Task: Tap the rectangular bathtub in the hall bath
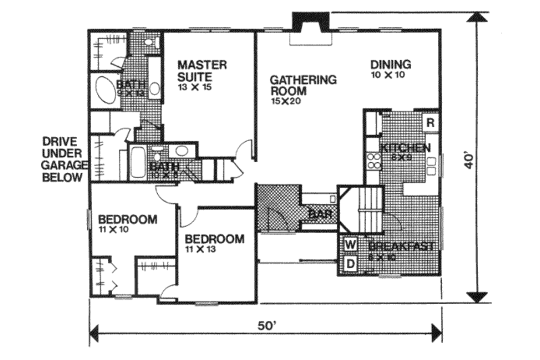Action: tap(137, 162)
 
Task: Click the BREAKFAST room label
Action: tap(401, 247)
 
